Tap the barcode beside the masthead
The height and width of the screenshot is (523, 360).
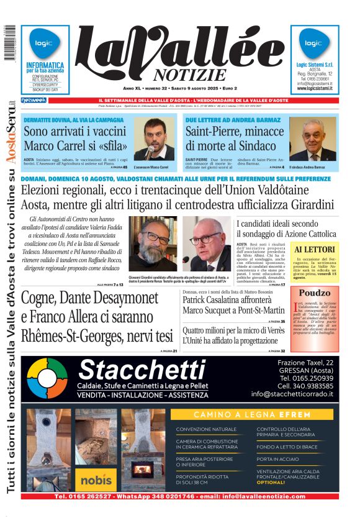coord(10,43)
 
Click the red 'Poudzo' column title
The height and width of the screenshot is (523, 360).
coord(315,293)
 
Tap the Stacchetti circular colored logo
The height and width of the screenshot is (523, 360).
coord(47,378)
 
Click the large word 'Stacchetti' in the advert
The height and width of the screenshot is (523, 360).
coord(142,371)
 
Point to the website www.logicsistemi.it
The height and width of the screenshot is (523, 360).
coord(315,89)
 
